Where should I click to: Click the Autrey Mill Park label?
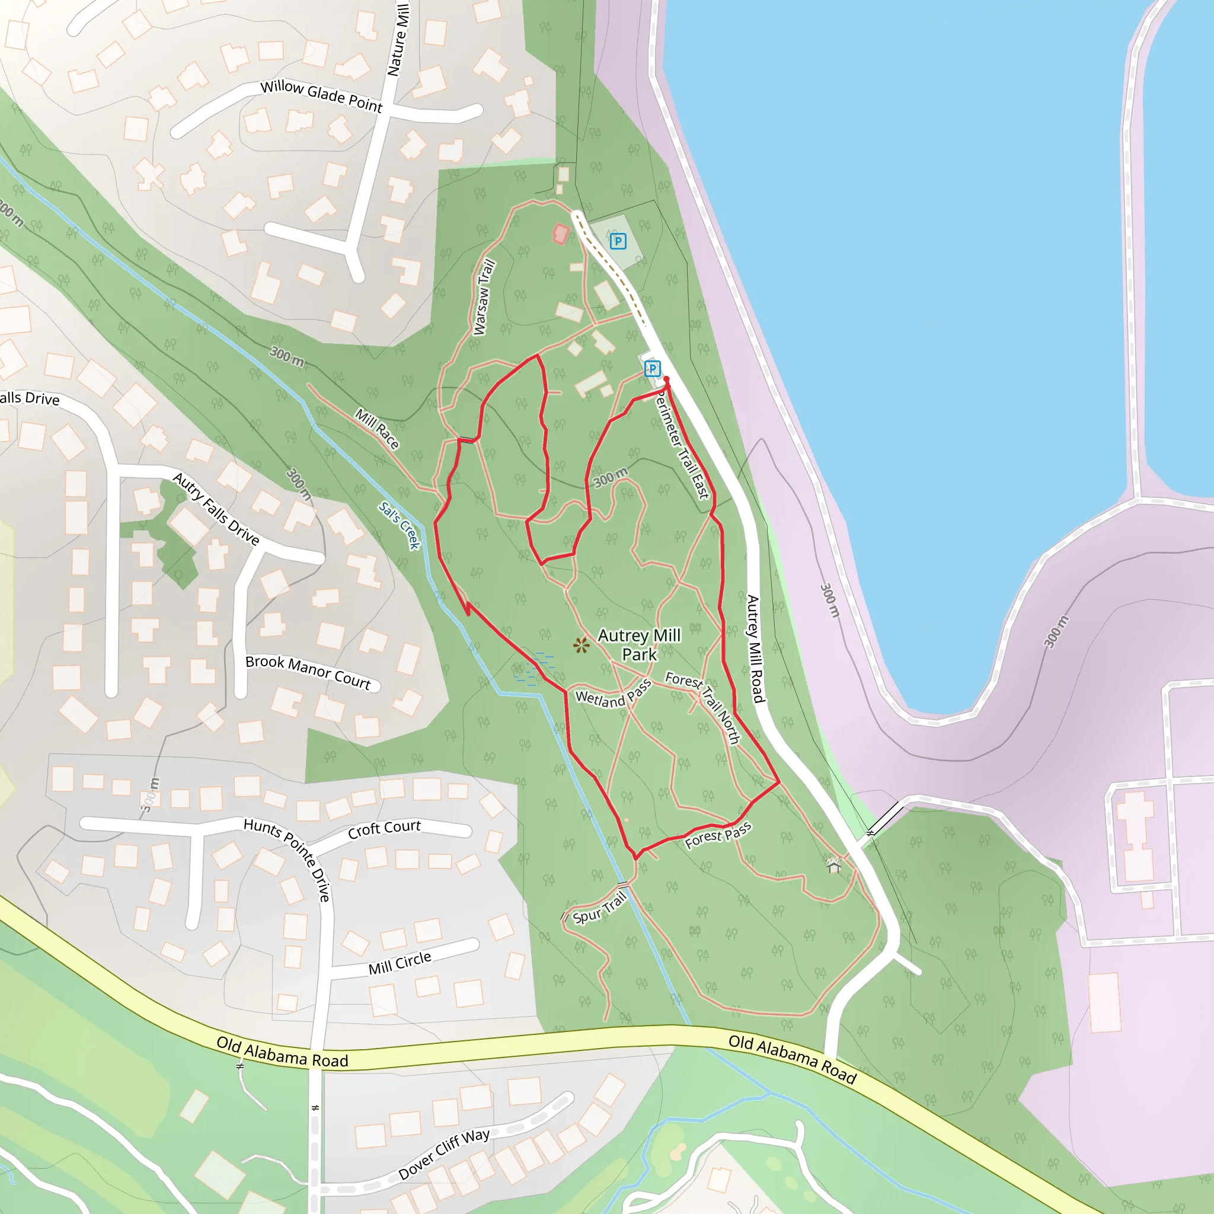click(x=639, y=645)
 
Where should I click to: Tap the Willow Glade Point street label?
click(x=321, y=97)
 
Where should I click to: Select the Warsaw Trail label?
click(x=484, y=297)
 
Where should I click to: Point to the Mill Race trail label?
click(x=377, y=429)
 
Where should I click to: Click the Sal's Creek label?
click(x=399, y=525)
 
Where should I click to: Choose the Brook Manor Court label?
click(x=308, y=672)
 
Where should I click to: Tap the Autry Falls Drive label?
click(x=216, y=509)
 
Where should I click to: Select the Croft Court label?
click(x=384, y=829)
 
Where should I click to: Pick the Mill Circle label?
click(x=400, y=963)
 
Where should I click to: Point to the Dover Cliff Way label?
click(x=443, y=1154)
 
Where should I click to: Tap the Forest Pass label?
click(x=718, y=836)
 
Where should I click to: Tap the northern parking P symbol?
click(x=618, y=241)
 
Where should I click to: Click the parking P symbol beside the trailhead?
click(x=652, y=369)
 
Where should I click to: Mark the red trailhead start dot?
click(x=667, y=379)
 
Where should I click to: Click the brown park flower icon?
click(x=582, y=645)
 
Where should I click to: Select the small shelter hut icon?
click(x=834, y=867)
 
